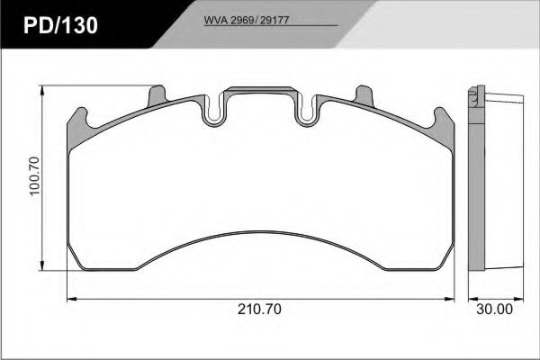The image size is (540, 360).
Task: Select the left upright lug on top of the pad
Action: click(x=157, y=94)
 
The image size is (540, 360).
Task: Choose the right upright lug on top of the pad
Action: click(x=364, y=94)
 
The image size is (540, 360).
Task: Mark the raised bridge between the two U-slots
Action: click(x=261, y=91)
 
